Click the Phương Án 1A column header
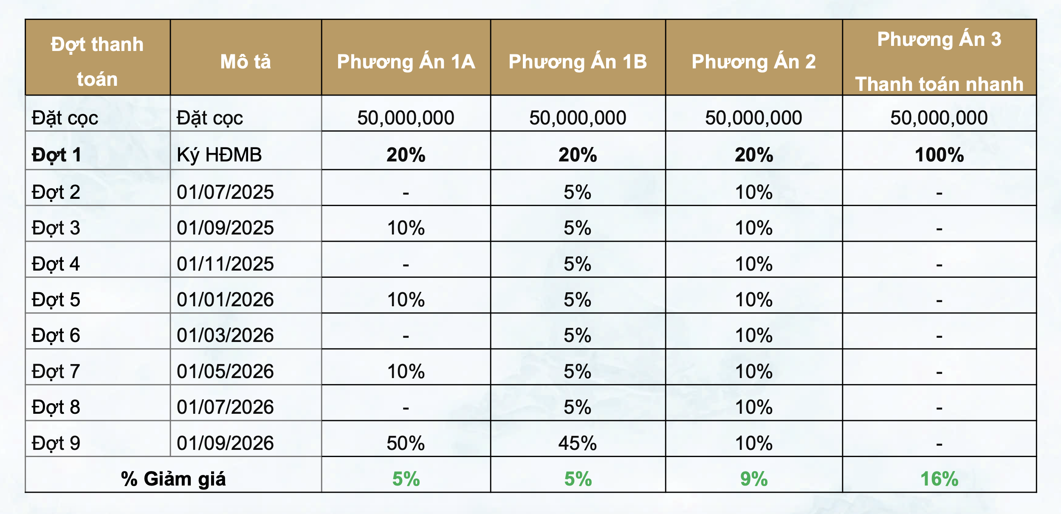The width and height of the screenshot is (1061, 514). click(x=406, y=62)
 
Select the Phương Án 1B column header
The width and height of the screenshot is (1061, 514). click(x=578, y=62)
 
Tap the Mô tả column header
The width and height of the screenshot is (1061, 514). click(x=245, y=62)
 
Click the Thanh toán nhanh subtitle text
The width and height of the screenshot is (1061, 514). click(x=939, y=84)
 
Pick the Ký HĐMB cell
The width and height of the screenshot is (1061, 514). click(x=219, y=155)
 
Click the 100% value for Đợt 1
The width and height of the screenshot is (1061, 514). click(x=939, y=155)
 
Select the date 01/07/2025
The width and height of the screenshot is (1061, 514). click(x=225, y=192)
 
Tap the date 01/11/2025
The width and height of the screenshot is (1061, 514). click(x=225, y=264)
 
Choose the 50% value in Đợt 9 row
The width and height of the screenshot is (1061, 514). click(x=406, y=443)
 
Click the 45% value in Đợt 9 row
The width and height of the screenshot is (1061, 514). click(x=578, y=443)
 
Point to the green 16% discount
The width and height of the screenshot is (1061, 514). click(x=939, y=479)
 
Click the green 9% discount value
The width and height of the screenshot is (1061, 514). click(x=753, y=479)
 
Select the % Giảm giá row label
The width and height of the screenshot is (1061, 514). click(x=173, y=479)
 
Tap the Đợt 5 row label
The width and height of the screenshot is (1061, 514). click(x=56, y=300)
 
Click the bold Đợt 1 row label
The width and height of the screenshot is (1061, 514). click(x=56, y=155)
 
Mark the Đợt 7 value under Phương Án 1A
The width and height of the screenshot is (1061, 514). click(x=406, y=371)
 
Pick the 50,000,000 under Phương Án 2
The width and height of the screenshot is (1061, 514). click(x=753, y=118)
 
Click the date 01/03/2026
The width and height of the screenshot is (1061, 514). click(x=225, y=336)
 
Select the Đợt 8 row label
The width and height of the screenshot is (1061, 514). click(x=56, y=407)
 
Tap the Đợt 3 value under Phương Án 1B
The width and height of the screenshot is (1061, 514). click(x=578, y=228)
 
